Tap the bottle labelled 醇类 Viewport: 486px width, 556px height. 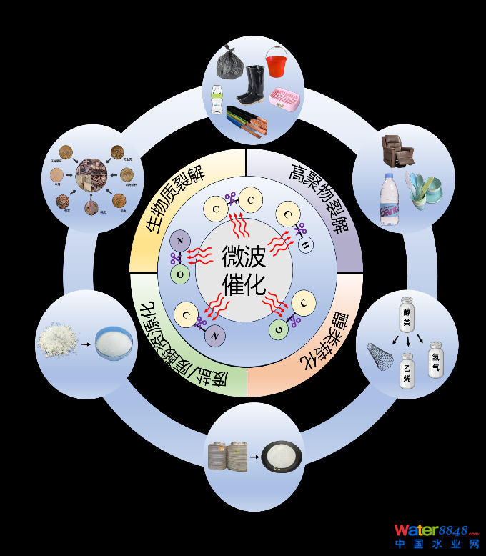(407, 312)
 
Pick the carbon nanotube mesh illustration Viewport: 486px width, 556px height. (380, 356)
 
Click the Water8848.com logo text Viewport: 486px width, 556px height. (436, 530)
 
